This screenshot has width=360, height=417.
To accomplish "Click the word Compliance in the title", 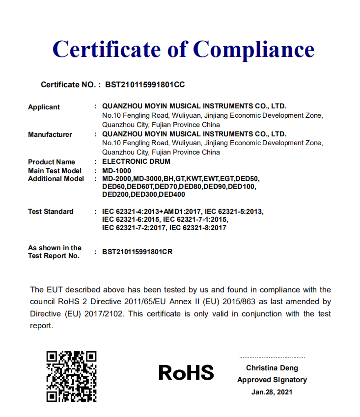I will (x=253, y=50).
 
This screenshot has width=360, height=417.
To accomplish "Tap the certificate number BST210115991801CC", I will (x=145, y=85).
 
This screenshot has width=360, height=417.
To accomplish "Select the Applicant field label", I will (x=44, y=107).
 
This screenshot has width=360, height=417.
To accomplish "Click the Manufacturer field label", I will (x=50, y=134).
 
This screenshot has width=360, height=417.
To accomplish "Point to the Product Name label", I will (x=52, y=162).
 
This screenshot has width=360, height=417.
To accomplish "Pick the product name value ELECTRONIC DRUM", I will (x=137, y=161).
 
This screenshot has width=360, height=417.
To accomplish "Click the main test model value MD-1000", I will (x=116, y=170).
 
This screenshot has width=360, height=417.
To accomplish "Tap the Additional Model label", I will (x=56, y=179).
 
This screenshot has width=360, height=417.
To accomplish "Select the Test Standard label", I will (x=51, y=211).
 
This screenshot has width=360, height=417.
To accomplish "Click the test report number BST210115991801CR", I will (x=138, y=252).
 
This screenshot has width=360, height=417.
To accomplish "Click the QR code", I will (x=71, y=376).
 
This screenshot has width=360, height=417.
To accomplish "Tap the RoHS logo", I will (x=186, y=373).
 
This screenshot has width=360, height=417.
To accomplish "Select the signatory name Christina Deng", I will (x=272, y=368).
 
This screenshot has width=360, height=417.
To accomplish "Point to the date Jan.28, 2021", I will (x=272, y=392).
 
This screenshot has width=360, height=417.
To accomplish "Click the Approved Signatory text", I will (x=272, y=380).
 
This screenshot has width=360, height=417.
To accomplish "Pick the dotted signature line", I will (x=272, y=358).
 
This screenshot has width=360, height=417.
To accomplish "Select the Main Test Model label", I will (x=55, y=170).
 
